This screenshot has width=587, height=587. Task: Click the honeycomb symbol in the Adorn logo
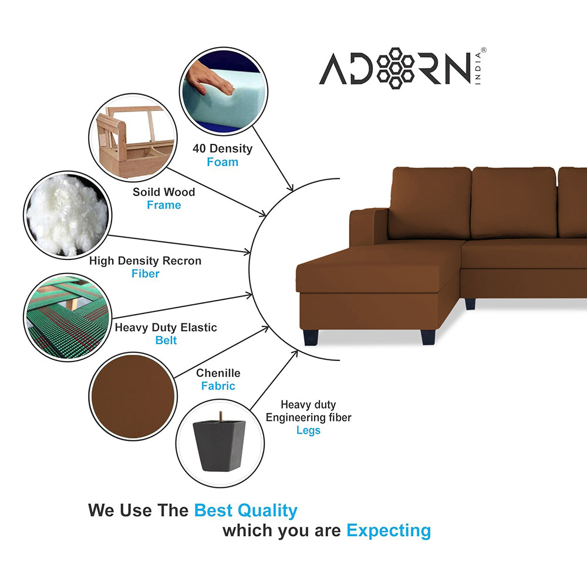coord(394,68)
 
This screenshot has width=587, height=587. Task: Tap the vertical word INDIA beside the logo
coord(477,69)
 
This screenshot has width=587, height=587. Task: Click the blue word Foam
coord(222,162)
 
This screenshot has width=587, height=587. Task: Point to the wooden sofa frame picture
coord(133,137)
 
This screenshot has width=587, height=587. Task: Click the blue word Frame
coord(164,205)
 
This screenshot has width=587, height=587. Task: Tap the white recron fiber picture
coord(68,215)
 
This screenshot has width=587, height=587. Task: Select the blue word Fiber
coord(145,274)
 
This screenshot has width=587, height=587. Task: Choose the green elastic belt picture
coord(68,317)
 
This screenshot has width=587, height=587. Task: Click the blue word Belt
coord(166,340)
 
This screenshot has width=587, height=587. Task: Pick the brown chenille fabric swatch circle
coord(133,396)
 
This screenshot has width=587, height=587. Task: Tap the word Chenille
coord(218,373)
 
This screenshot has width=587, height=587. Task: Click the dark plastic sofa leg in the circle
coord(220,444)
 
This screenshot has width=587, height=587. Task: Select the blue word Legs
coord(308,430)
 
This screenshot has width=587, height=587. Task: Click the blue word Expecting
coord(389,531)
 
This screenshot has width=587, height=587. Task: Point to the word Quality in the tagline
coord(267,511)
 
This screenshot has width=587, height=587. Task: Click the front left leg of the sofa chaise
coord(311,338)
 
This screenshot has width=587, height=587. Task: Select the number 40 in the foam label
coord(199,149)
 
